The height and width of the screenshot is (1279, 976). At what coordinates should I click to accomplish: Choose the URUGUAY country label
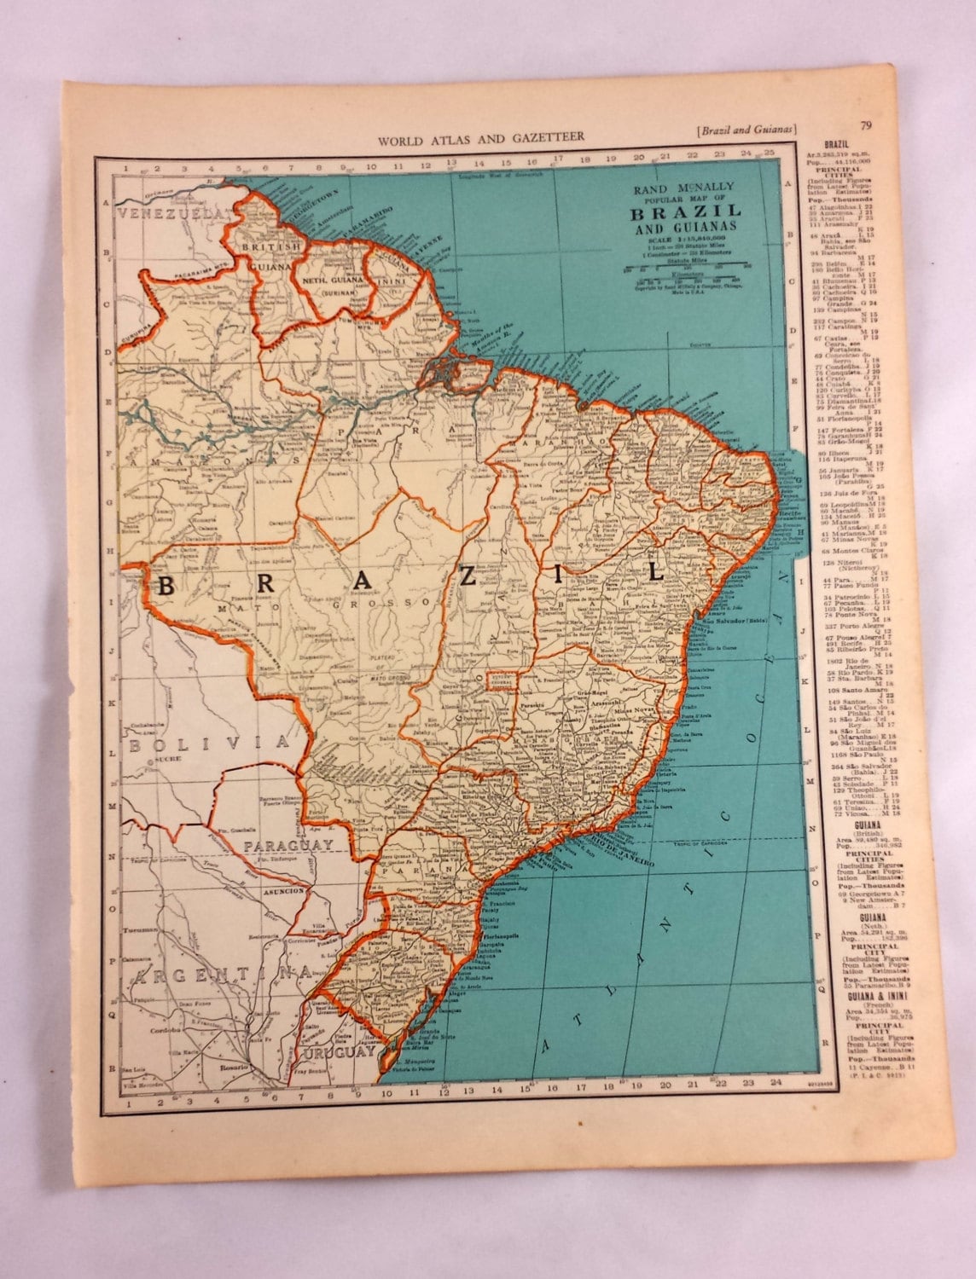click(340, 1052)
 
